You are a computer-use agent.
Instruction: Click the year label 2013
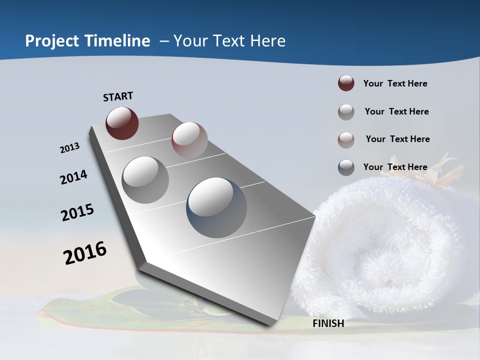[69, 147]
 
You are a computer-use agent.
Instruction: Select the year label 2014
[73, 177]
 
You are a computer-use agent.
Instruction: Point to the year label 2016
[85, 252]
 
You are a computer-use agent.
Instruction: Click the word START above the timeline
[118, 96]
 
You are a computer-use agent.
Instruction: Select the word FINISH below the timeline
[328, 323]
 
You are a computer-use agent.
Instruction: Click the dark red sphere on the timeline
[122, 123]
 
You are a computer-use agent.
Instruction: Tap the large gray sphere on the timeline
[145, 180]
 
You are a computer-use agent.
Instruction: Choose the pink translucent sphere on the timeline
[189, 139]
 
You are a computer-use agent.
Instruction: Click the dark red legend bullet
[346, 83]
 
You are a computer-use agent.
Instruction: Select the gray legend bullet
[346, 111]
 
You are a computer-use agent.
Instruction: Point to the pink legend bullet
[346, 139]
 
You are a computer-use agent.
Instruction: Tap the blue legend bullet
[346, 167]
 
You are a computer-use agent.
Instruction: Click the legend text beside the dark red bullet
[395, 83]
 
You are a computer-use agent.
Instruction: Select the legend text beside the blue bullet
[395, 167]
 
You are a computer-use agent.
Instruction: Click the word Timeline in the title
[117, 41]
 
